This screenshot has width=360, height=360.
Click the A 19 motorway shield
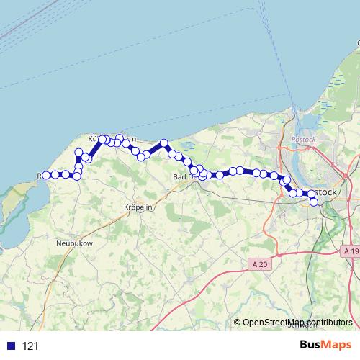[x=351, y=251]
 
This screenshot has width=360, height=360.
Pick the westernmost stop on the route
[x=46, y=175]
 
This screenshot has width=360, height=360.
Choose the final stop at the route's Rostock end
[x=314, y=202]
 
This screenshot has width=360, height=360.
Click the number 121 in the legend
[x=30, y=346]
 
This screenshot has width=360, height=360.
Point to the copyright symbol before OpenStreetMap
[x=238, y=323]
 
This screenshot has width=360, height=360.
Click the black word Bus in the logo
[x=310, y=345]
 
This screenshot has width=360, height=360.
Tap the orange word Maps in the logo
[x=336, y=345]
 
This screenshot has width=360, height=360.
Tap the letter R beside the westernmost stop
[x=39, y=175]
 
